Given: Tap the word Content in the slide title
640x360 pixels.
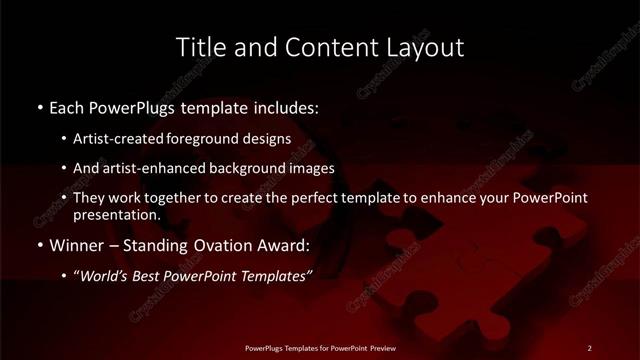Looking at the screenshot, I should tap(312, 47).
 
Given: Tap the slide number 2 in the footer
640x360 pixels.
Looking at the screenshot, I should tap(589, 348).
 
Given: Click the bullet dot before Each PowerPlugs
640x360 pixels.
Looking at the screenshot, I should tap(39, 107).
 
